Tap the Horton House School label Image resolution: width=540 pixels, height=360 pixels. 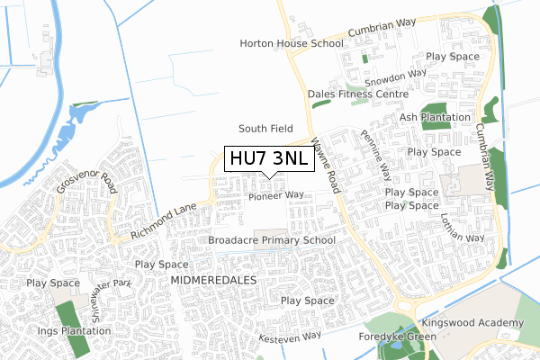click(291, 43)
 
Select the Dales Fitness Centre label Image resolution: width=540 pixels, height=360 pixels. click(357, 93)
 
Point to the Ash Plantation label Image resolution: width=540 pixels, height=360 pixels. click(435, 117)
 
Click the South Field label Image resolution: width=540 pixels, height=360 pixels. click(266, 129)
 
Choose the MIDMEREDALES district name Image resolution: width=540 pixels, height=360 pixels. click(213, 281)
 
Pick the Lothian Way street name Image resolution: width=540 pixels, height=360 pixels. click(463, 226)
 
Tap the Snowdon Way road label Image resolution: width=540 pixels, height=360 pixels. click(394, 75)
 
